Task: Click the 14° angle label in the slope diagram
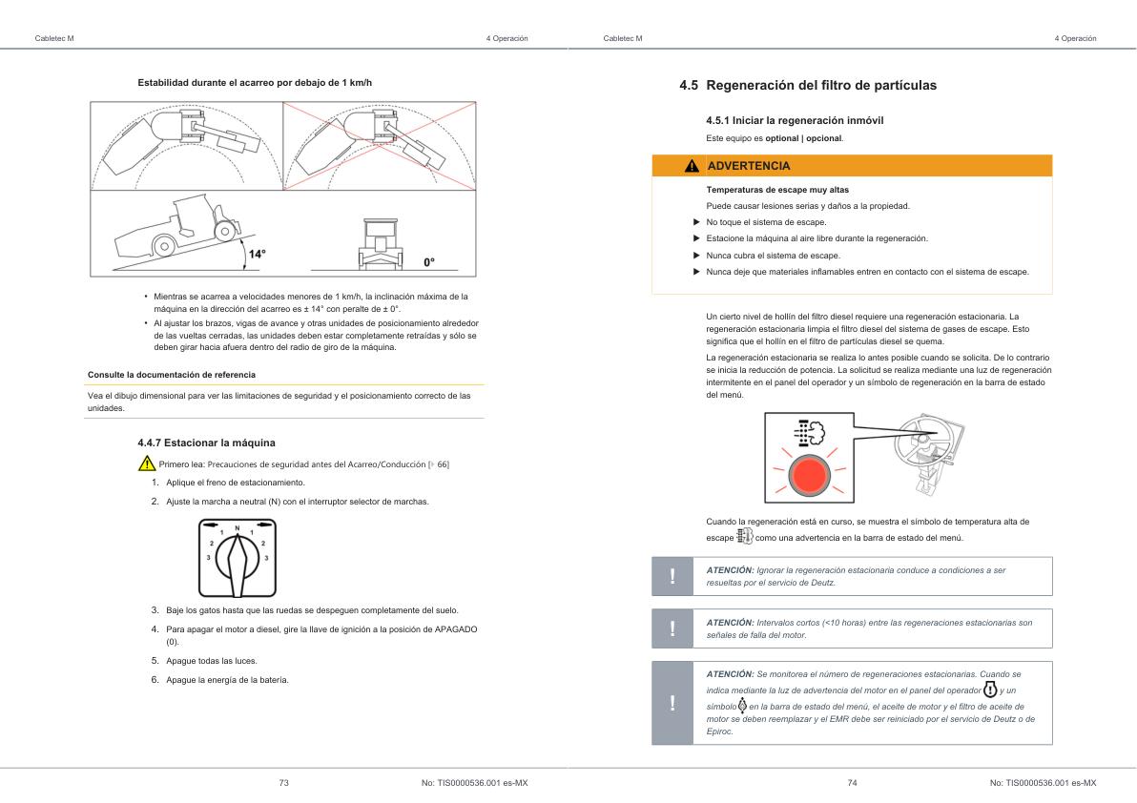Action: pyautogui.click(x=257, y=255)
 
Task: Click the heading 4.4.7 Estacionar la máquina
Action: pyautogui.click(x=206, y=443)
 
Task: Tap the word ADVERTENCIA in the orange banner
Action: pyautogui.click(x=749, y=166)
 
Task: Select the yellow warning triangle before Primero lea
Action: pyautogui.click(x=147, y=464)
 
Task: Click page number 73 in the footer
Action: pyautogui.click(x=283, y=782)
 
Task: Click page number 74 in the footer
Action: pyautogui.click(x=852, y=782)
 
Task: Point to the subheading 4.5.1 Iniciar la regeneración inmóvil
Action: pyautogui.click(x=800, y=120)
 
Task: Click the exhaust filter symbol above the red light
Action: pyautogui.click(x=809, y=432)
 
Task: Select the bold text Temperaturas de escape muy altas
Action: pyautogui.click(x=777, y=190)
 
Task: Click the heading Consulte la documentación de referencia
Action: pyautogui.click(x=172, y=374)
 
